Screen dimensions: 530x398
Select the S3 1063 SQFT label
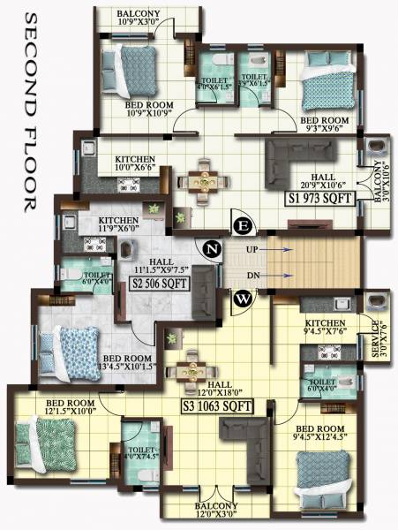[x=217, y=407]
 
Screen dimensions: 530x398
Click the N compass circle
[x=211, y=248]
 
